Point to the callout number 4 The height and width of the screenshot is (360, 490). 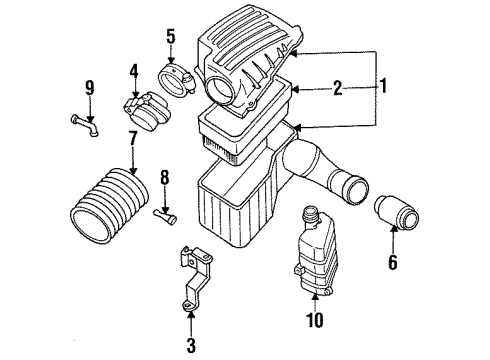[x=133, y=72]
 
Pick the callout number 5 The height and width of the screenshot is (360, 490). [x=171, y=39]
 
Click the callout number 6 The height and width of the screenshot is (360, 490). [x=393, y=264]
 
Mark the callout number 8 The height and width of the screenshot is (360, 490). [x=165, y=180]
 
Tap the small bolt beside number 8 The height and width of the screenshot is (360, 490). [x=164, y=213]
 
